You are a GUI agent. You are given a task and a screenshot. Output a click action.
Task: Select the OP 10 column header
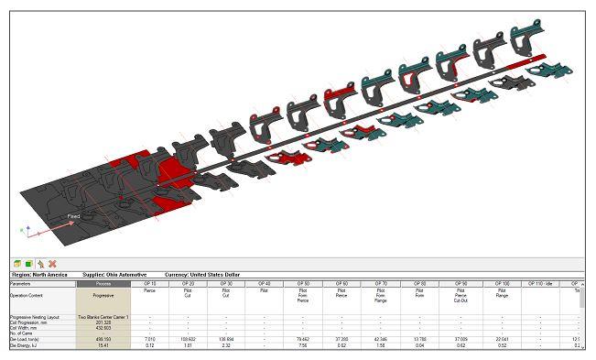149,284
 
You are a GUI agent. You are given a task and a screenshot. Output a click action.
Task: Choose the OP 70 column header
380,284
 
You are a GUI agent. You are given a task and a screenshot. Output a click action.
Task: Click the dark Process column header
103,284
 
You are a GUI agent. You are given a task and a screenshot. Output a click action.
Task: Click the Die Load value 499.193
103,339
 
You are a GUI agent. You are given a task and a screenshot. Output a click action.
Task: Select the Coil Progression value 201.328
103,322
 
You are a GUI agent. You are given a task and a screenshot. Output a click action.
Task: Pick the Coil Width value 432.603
103,328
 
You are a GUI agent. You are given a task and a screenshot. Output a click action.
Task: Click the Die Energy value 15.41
103,345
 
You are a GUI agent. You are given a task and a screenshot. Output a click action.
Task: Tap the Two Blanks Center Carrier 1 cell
103,316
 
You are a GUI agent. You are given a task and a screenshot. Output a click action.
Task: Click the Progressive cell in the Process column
103,295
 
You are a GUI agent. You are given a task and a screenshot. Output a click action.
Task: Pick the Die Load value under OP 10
149,339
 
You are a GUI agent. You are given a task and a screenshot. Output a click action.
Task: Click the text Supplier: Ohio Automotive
116,274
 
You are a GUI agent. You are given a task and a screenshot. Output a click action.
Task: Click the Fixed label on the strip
73,216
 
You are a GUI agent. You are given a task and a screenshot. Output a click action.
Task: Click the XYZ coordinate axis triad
27,230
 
